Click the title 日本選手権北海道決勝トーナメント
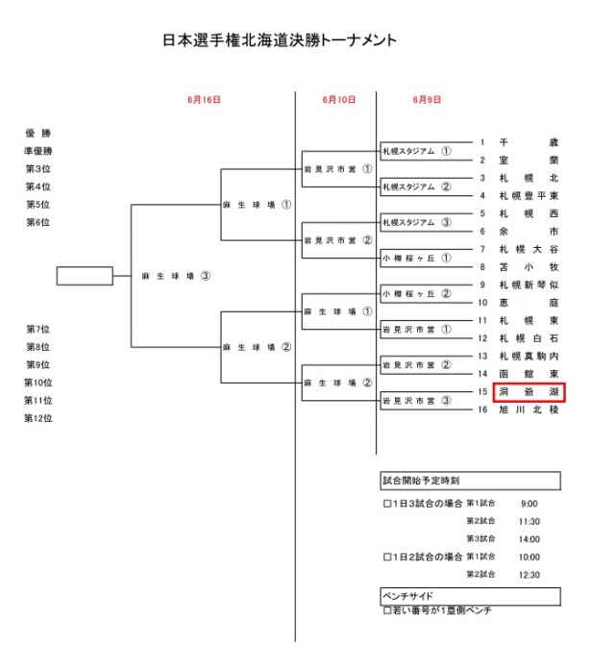click(x=280, y=42)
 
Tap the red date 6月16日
click(x=205, y=99)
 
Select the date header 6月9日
click(x=427, y=99)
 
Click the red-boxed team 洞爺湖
click(x=529, y=392)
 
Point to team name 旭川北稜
click(x=529, y=409)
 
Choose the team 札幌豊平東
click(x=529, y=195)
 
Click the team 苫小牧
click(x=529, y=267)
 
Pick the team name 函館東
click(x=529, y=374)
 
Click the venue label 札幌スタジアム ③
click(x=416, y=223)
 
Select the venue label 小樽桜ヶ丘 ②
click(x=416, y=294)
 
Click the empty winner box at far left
click(x=85, y=276)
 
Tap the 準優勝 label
click(x=38, y=152)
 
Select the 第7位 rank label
click(x=38, y=330)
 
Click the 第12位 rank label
click(x=38, y=418)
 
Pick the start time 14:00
click(x=529, y=539)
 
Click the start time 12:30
click(x=529, y=575)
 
